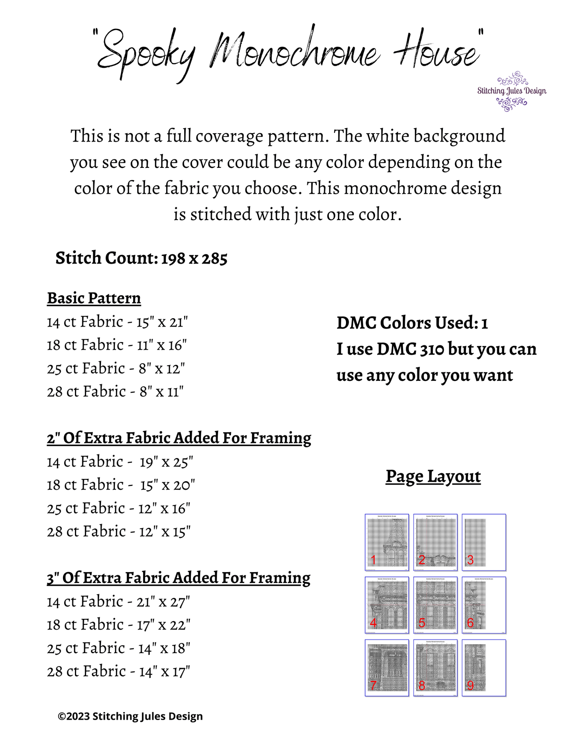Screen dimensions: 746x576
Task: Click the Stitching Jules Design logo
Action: [x=512, y=91]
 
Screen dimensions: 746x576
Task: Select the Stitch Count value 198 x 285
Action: [x=194, y=259]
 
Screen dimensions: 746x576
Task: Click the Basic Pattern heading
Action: [x=94, y=298]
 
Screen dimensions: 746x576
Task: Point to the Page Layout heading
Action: [x=433, y=476]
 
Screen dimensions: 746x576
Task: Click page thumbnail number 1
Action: [x=387, y=542]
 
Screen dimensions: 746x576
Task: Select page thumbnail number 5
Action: [x=435, y=605]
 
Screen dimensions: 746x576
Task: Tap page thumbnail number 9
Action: [x=484, y=668]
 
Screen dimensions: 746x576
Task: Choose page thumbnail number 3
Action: [x=484, y=542]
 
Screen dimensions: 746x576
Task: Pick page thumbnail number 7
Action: [x=387, y=668]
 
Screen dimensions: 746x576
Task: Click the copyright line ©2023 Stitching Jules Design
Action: [x=130, y=716]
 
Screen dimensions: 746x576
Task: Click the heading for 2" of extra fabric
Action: [x=179, y=438]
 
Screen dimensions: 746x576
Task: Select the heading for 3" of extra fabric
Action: [x=179, y=578]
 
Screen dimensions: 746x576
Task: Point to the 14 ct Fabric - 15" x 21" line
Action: [x=118, y=322]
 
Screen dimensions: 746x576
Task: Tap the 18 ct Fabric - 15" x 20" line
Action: [x=121, y=485]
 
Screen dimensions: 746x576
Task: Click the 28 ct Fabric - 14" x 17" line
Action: [x=118, y=672]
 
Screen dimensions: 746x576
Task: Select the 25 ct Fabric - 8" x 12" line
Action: [x=116, y=368]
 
